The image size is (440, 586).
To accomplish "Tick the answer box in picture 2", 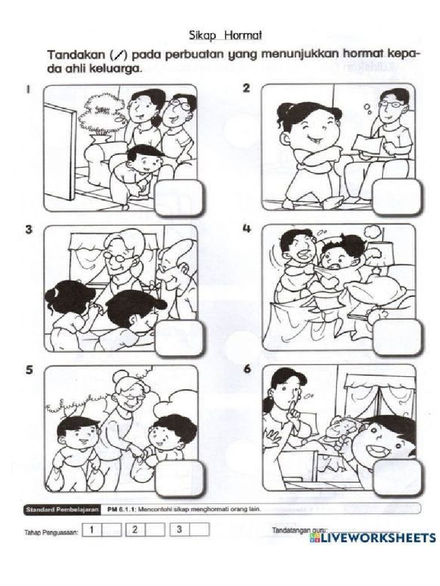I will pos(396,197).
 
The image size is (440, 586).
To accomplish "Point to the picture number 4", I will pos(247,229).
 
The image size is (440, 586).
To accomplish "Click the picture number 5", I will pos(28,370).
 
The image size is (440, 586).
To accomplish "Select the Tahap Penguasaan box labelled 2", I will pos(133,530).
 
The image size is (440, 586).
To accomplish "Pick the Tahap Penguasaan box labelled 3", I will pos(179,530).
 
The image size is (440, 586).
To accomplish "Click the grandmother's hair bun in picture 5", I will pos(122,377).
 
